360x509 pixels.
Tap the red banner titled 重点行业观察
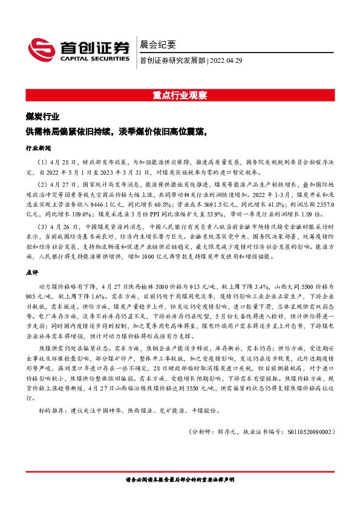point(180,96)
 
